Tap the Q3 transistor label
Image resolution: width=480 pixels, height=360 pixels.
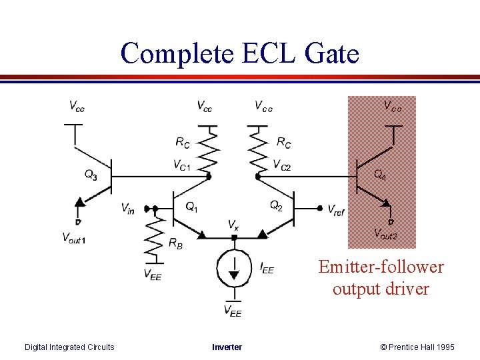91,175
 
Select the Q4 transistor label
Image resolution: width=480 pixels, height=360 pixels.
379,175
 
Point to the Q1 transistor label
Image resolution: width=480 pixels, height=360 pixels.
191,207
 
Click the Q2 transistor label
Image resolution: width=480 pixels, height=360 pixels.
276,205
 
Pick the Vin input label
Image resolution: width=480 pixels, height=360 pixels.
128,209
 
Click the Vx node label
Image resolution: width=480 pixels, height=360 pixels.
233,225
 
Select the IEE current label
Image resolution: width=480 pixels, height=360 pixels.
266,268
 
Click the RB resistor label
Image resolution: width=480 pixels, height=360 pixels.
175,245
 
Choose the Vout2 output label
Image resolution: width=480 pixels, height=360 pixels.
385,233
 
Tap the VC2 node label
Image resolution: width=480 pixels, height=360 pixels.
282,165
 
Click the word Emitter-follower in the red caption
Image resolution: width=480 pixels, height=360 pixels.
381,267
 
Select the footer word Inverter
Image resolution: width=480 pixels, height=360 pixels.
227,347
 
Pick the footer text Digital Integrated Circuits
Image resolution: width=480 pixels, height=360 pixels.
69,347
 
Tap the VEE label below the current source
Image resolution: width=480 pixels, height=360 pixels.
232,311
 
